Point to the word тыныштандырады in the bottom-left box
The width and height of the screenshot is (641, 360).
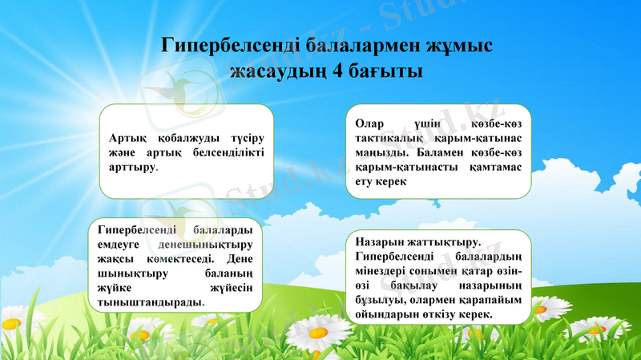[149, 303]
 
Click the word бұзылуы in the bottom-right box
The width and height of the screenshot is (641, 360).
[379, 299]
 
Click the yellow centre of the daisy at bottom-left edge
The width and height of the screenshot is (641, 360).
[10, 324]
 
